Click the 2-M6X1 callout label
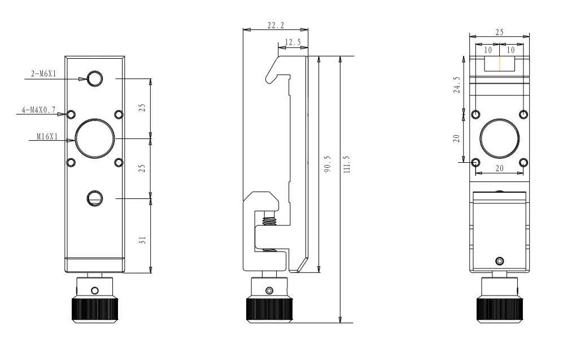[43, 74]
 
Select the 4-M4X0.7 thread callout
[39, 110]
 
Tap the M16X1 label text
[47, 137]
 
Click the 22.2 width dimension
[276, 25]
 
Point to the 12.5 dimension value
[293, 42]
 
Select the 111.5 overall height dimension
[347, 164]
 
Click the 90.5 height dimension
[327, 164]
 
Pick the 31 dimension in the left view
[142, 240]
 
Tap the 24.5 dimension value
[457, 85]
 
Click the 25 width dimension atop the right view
[499, 32]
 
